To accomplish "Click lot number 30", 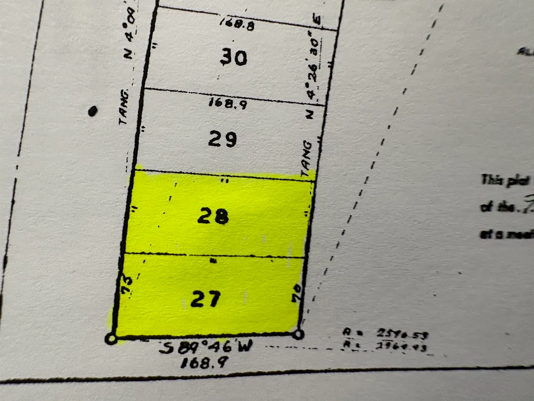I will [233, 57].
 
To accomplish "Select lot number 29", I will [223, 139].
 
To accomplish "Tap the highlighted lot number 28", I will [213, 216].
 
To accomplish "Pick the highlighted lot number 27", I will [205, 299].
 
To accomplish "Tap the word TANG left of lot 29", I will [124, 107].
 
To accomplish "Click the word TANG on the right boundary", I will [306, 156].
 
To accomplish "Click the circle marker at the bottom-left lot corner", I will [111, 339].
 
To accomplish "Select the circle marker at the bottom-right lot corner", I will [298, 334].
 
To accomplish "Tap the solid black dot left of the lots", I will [93, 111].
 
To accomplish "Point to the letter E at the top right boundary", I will [317, 21].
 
